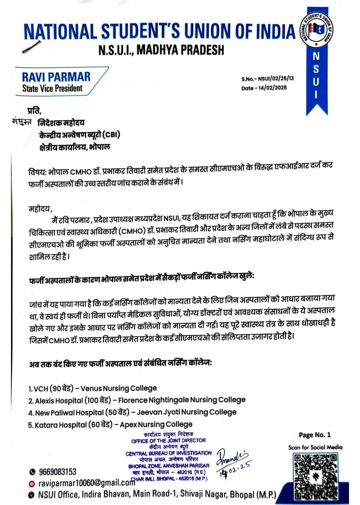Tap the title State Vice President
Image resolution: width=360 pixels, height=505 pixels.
[x=52, y=88]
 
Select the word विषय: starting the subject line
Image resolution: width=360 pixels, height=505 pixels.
[x=37, y=173]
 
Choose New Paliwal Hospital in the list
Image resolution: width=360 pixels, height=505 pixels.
[x=69, y=412]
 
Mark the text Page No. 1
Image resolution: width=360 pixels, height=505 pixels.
[x=315, y=435]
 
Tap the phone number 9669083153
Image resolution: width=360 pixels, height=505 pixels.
[x=57, y=472]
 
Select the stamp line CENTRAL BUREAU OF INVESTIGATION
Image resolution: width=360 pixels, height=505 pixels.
[x=168, y=453]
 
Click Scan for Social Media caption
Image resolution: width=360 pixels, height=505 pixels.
[x=315, y=447]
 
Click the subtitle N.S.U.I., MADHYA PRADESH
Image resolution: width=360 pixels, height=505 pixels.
[x=161, y=50]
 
